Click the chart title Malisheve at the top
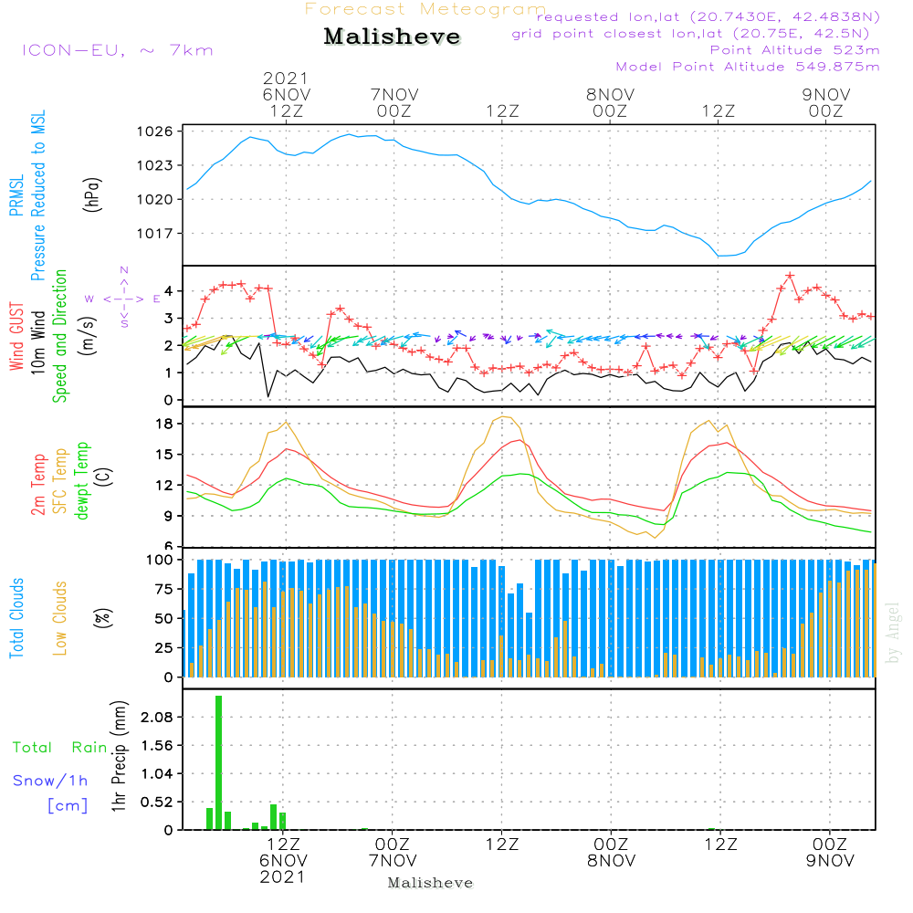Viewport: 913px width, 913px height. (392, 37)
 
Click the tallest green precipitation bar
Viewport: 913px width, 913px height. (219, 762)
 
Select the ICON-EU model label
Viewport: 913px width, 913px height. (117, 50)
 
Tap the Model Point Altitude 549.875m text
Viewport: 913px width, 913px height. (748, 67)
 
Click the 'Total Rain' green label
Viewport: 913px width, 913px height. (60, 748)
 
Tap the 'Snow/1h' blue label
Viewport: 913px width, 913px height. (51, 781)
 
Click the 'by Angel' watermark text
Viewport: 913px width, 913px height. (893, 632)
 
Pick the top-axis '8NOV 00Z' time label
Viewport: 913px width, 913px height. (610, 102)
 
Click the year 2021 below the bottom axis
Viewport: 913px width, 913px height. (283, 876)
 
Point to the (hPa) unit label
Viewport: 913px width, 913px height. (90, 194)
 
